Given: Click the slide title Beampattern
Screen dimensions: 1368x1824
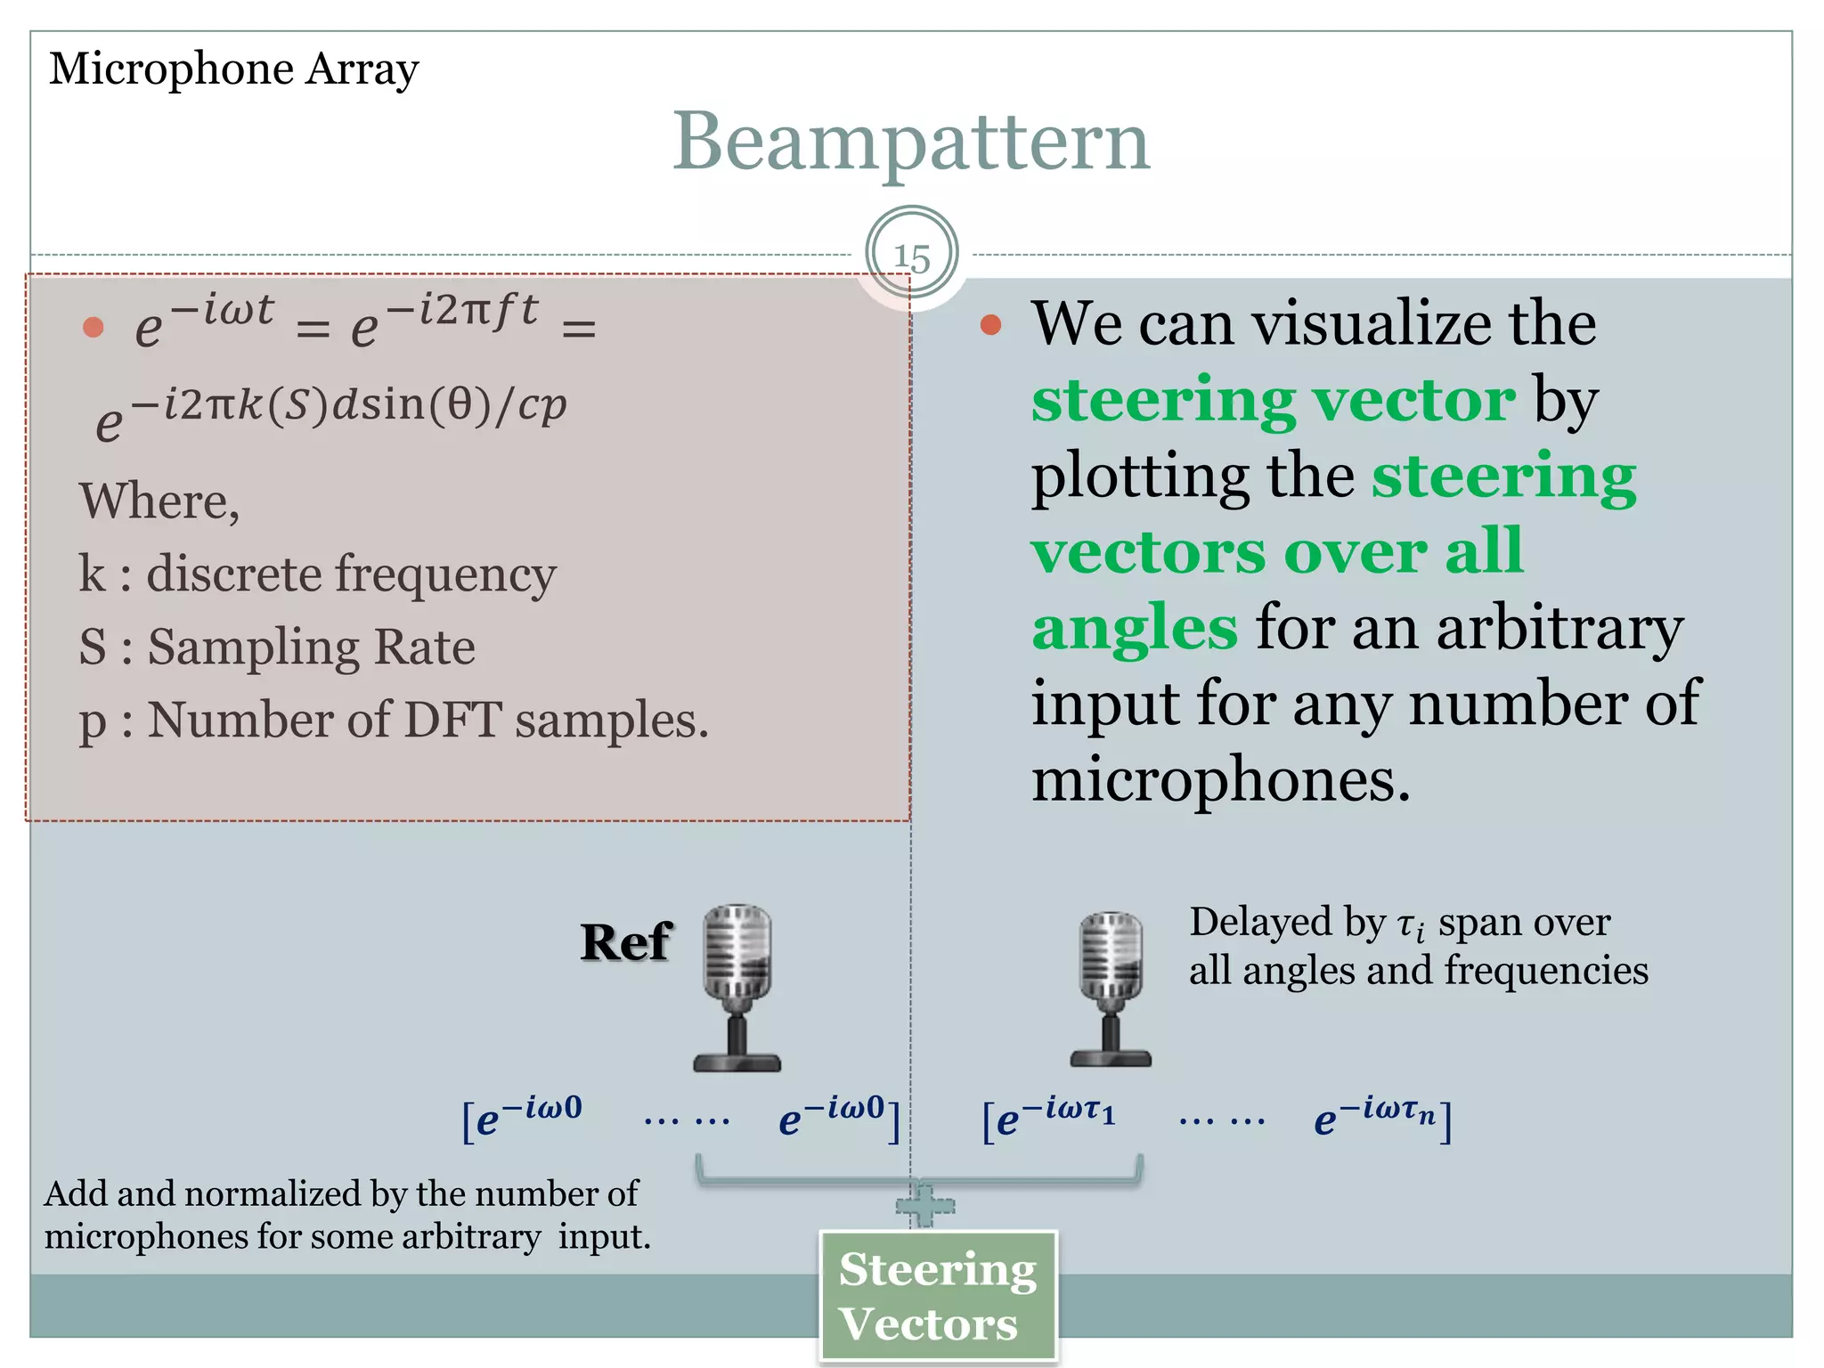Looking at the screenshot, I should (910, 142).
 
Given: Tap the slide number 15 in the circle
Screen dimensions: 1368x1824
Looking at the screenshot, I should (911, 256).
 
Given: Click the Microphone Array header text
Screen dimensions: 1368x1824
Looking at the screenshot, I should (233, 69).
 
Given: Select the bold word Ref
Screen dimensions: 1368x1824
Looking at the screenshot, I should (625, 942).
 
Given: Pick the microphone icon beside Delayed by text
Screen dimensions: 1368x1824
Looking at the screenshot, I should (1111, 989).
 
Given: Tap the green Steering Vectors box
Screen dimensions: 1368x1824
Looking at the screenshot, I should (938, 1296).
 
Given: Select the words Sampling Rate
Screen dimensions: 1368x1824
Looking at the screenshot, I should (311, 647).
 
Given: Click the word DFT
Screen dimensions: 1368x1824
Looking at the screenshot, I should (452, 720).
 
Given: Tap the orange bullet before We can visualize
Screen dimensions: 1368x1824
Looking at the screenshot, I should (990, 325).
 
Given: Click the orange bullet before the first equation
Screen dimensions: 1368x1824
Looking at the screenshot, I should (94, 328).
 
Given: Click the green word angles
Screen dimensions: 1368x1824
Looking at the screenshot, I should (1134, 627).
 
